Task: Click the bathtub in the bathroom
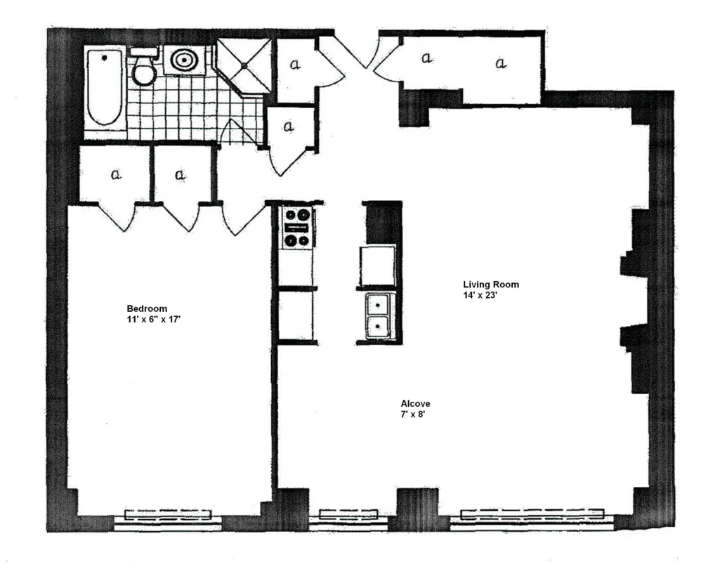click(105, 89)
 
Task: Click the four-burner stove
click(296, 228)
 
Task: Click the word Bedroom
click(147, 308)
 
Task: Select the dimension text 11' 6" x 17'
click(150, 320)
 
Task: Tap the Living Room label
click(491, 285)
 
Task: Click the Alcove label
click(415, 404)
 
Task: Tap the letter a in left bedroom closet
click(116, 174)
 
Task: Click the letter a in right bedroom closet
click(180, 174)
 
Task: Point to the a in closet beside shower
click(295, 65)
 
